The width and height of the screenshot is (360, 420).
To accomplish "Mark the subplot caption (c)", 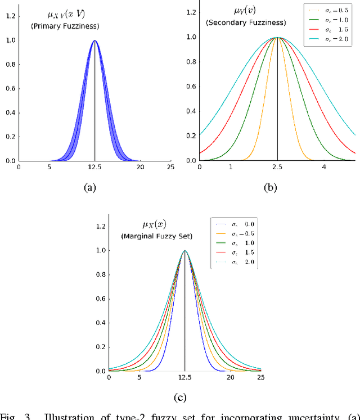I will [179, 398].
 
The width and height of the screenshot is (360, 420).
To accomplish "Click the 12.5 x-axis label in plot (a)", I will [94, 168].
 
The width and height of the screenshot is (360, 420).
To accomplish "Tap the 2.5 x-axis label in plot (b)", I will [277, 168].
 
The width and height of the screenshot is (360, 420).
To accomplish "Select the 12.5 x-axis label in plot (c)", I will [185, 378].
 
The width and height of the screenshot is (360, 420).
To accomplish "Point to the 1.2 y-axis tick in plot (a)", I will [11, 16].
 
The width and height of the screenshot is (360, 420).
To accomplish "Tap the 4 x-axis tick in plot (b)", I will [324, 168].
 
